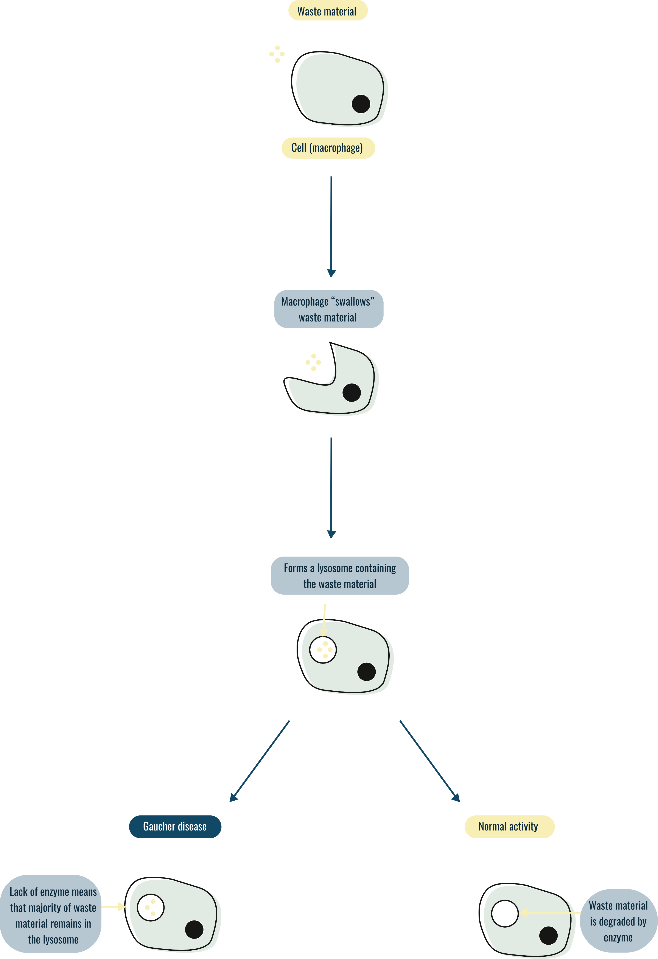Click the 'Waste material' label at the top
coord(327,11)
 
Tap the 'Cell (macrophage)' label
coord(328,148)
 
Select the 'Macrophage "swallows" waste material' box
coord(328,309)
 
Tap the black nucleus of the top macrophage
coord(361,104)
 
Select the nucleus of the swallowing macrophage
coord(352,392)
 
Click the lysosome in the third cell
coord(323,650)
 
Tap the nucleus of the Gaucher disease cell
coord(194,929)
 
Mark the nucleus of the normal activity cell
coord(549,935)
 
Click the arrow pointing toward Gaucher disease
coord(259,761)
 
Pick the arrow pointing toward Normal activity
coord(429,761)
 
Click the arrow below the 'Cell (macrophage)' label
coord(331,227)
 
